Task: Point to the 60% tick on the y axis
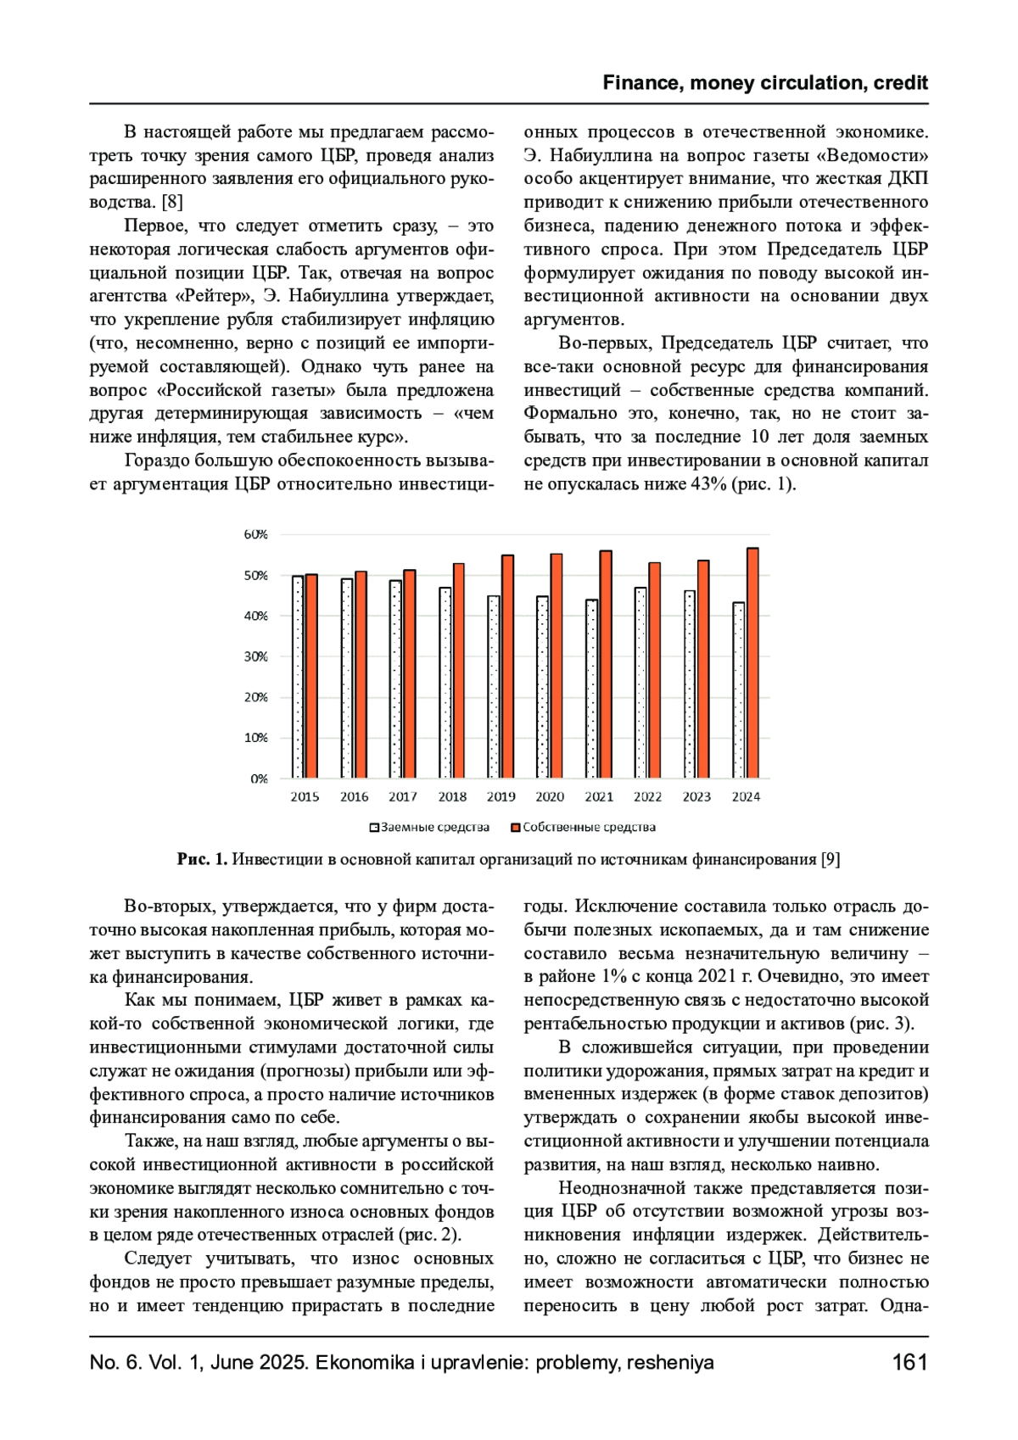pos(255,534)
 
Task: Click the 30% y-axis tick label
pos(255,656)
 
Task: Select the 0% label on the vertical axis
pos(259,779)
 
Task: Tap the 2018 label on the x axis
pos(452,797)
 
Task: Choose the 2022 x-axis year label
pos(647,797)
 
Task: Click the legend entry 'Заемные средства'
pos(429,828)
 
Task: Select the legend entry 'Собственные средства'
pos(584,828)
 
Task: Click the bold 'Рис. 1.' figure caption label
pos(202,860)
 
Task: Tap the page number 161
pos(909,1363)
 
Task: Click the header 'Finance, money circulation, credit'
pos(765,83)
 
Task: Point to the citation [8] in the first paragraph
pos(171,202)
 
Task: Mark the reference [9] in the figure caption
pos(831,860)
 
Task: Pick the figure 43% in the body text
pos(708,484)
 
